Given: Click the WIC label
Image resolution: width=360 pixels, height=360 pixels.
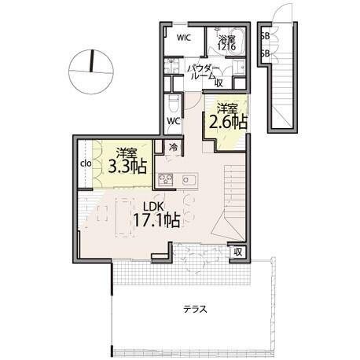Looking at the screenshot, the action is [x=184, y=38].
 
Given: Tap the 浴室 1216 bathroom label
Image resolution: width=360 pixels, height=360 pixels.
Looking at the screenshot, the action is [x=227, y=42].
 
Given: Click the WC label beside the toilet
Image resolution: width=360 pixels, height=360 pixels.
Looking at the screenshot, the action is [x=174, y=121].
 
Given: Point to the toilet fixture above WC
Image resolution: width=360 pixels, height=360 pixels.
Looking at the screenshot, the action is [x=173, y=104].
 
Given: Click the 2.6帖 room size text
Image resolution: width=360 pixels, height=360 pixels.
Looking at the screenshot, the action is [x=228, y=122].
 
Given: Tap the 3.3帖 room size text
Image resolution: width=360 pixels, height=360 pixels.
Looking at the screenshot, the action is [x=127, y=167].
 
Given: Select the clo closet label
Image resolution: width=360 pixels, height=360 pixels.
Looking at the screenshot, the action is [x=86, y=163].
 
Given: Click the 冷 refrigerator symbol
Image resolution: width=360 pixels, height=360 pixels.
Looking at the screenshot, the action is [x=173, y=147].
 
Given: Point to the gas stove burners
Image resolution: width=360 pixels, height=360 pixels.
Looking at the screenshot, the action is [x=166, y=180].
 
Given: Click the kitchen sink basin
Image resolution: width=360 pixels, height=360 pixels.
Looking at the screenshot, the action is [x=188, y=180].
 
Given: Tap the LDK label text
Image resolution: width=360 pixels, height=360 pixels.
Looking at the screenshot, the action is [x=153, y=207].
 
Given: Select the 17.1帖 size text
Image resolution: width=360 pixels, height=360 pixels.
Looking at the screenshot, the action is [x=156, y=220].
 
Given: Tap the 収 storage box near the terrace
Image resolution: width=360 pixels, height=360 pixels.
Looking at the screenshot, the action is [x=237, y=252].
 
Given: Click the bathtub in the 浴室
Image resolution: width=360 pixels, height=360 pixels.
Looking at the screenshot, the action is [x=235, y=41].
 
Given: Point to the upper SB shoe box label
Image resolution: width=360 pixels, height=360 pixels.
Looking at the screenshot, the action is [x=265, y=37].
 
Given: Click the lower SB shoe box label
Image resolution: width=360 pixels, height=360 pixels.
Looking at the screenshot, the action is [x=265, y=54].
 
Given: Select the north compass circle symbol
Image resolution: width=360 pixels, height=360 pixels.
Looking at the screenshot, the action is [x=91, y=72].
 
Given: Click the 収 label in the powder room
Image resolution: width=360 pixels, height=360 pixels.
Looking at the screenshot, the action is [x=219, y=83].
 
